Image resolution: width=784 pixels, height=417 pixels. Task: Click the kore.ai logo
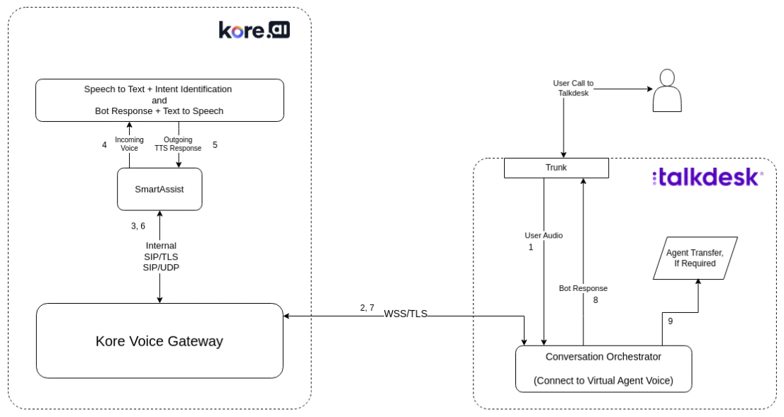pyautogui.click(x=254, y=30)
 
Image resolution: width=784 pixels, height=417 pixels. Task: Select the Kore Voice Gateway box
pyautogui.click(x=159, y=341)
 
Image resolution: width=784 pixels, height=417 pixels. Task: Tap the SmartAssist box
pyautogui.click(x=159, y=189)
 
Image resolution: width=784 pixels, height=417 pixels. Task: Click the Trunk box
pyautogui.click(x=556, y=168)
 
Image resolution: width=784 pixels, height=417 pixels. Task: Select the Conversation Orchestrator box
pyautogui.click(x=603, y=368)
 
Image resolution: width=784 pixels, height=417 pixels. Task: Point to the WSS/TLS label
pyautogui.click(x=405, y=314)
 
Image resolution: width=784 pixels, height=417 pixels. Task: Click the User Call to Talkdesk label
pyautogui.click(x=573, y=88)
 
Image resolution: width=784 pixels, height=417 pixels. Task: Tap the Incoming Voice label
pyautogui.click(x=129, y=144)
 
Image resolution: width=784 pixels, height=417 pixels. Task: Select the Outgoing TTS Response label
pyautogui.click(x=178, y=144)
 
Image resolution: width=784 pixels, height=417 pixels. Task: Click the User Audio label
pyautogui.click(x=544, y=235)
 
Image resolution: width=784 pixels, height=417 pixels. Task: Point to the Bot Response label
pyautogui.click(x=583, y=288)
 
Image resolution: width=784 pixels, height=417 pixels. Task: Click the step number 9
pyautogui.click(x=670, y=321)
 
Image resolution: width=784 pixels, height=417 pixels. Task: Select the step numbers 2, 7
pyautogui.click(x=366, y=307)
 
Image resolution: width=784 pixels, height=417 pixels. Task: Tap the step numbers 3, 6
pyautogui.click(x=138, y=226)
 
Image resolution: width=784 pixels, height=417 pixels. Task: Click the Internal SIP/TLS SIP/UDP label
pyautogui.click(x=160, y=256)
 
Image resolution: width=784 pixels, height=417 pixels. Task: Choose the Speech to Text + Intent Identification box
pyautogui.click(x=159, y=100)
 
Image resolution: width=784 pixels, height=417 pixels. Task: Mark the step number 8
pyautogui.click(x=595, y=300)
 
